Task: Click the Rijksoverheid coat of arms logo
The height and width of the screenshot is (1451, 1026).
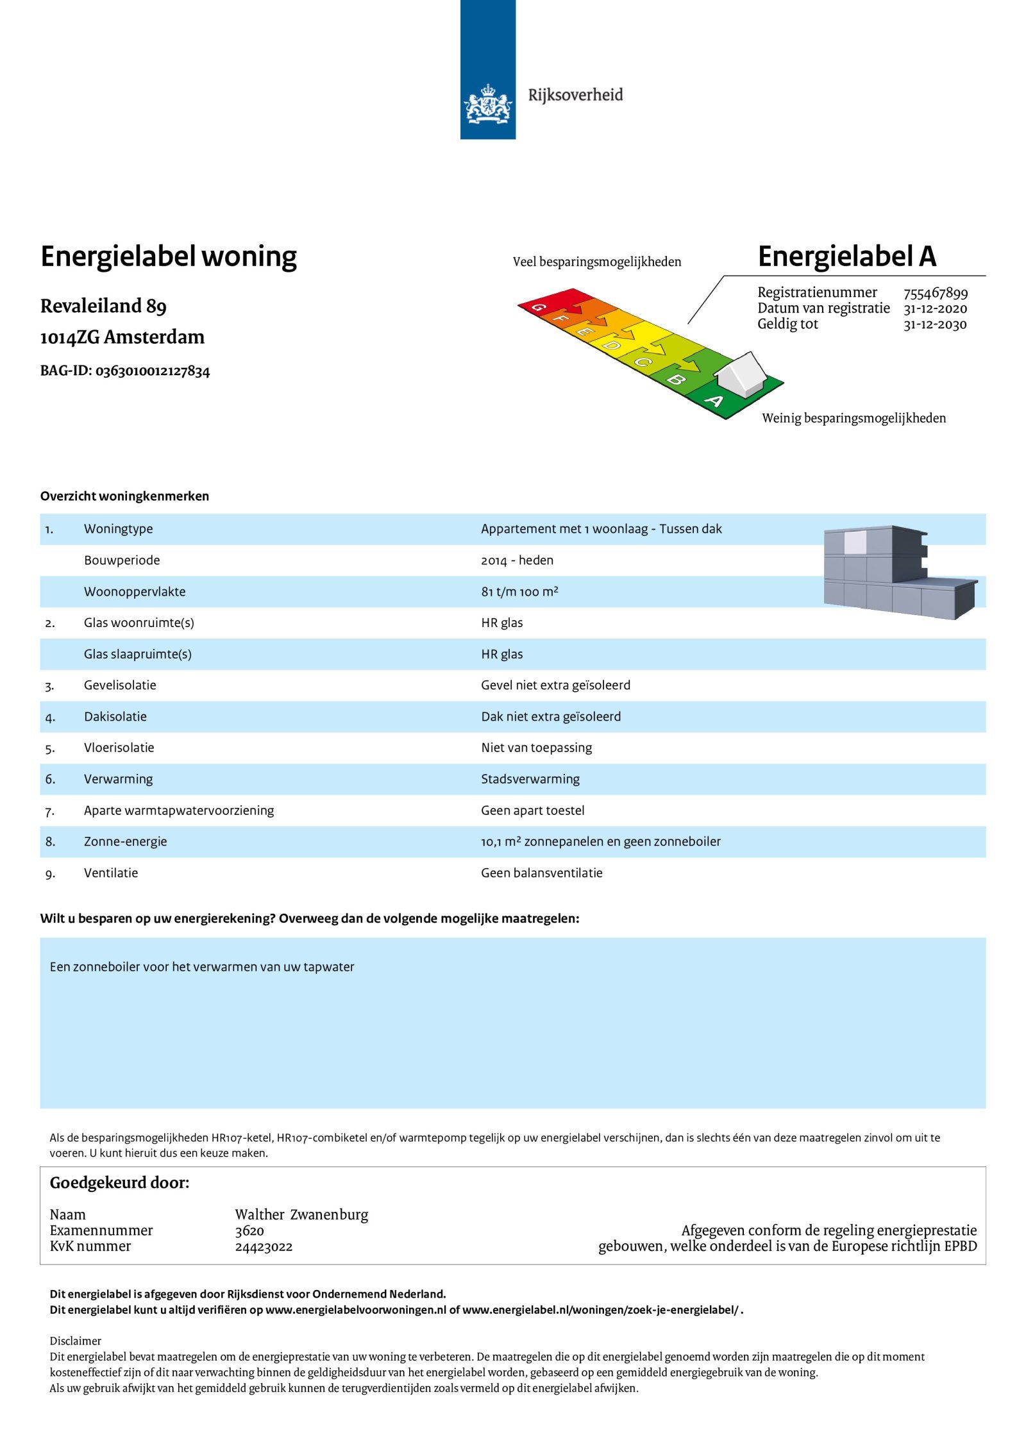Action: [x=488, y=104]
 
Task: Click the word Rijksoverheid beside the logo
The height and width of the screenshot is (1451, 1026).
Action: [x=575, y=95]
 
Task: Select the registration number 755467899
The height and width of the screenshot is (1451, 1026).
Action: [x=935, y=293]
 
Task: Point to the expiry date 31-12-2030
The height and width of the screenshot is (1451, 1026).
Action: [x=935, y=324]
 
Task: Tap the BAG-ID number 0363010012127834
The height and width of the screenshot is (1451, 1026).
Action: [x=153, y=371]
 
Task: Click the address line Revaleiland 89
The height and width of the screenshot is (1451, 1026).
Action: [x=103, y=306]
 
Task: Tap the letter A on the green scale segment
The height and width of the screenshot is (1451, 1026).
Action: [x=714, y=401]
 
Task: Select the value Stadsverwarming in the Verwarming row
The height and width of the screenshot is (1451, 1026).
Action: [x=530, y=779]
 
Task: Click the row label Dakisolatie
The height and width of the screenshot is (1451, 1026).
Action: [x=115, y=717]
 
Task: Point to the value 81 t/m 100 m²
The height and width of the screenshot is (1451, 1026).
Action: [x=519, y=592]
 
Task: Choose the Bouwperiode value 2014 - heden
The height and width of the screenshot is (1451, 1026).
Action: [x=517, y=560]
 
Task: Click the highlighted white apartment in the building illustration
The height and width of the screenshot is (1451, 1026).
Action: [x=855, y=542]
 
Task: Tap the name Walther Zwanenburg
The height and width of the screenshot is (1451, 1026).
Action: [x=301, y=1214]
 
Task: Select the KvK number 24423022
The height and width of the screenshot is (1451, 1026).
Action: [x=264, y=1246]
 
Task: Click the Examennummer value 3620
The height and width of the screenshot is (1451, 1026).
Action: [x=249, y=1230]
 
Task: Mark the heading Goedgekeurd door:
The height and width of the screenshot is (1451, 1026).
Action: [x=119, y=1183]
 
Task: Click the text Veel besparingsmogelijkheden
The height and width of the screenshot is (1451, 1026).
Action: [x=596, y=262]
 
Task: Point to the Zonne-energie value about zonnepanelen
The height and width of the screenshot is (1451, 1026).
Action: [x=600, y=842]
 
